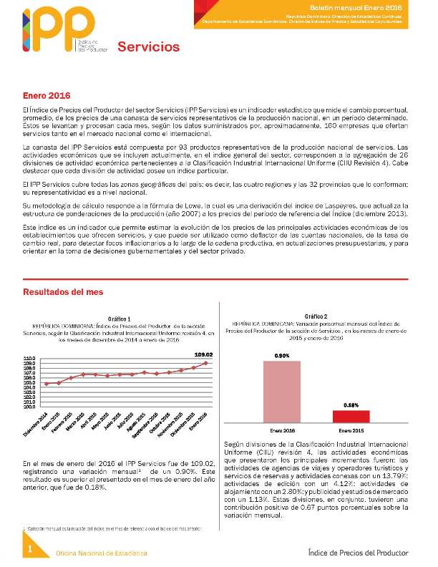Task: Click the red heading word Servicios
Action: click(148, 47)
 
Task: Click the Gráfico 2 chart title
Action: click(316, 316)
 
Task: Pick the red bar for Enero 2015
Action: click(351, 416)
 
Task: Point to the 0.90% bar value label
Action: click(282, 355)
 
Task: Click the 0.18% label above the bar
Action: click(351, 405)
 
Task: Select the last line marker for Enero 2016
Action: click(206, 363)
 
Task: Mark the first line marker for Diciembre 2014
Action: click(47, 384)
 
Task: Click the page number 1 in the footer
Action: click(31, 549)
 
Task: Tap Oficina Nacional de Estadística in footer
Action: click(102, 553)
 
